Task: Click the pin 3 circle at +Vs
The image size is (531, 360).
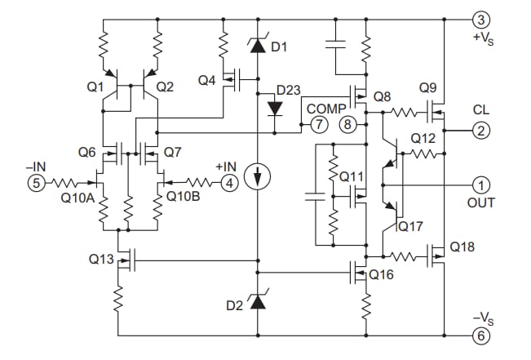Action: pos(481,19)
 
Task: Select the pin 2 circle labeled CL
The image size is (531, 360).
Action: pos(481,129)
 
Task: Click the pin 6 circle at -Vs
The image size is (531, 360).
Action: pos(481,336)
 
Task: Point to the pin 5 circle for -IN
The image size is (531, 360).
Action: pos(36,183)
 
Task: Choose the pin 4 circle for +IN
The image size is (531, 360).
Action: pos(230,183)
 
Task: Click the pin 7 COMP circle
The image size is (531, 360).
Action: pos(318,125)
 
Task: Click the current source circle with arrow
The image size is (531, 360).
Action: pos(258,178)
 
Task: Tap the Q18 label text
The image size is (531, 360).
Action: pos(462,247)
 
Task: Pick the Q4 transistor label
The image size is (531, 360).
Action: pos(207,80)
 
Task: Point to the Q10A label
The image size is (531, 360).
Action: pos(76,197)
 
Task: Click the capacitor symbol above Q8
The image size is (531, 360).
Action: pos(335,43)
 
